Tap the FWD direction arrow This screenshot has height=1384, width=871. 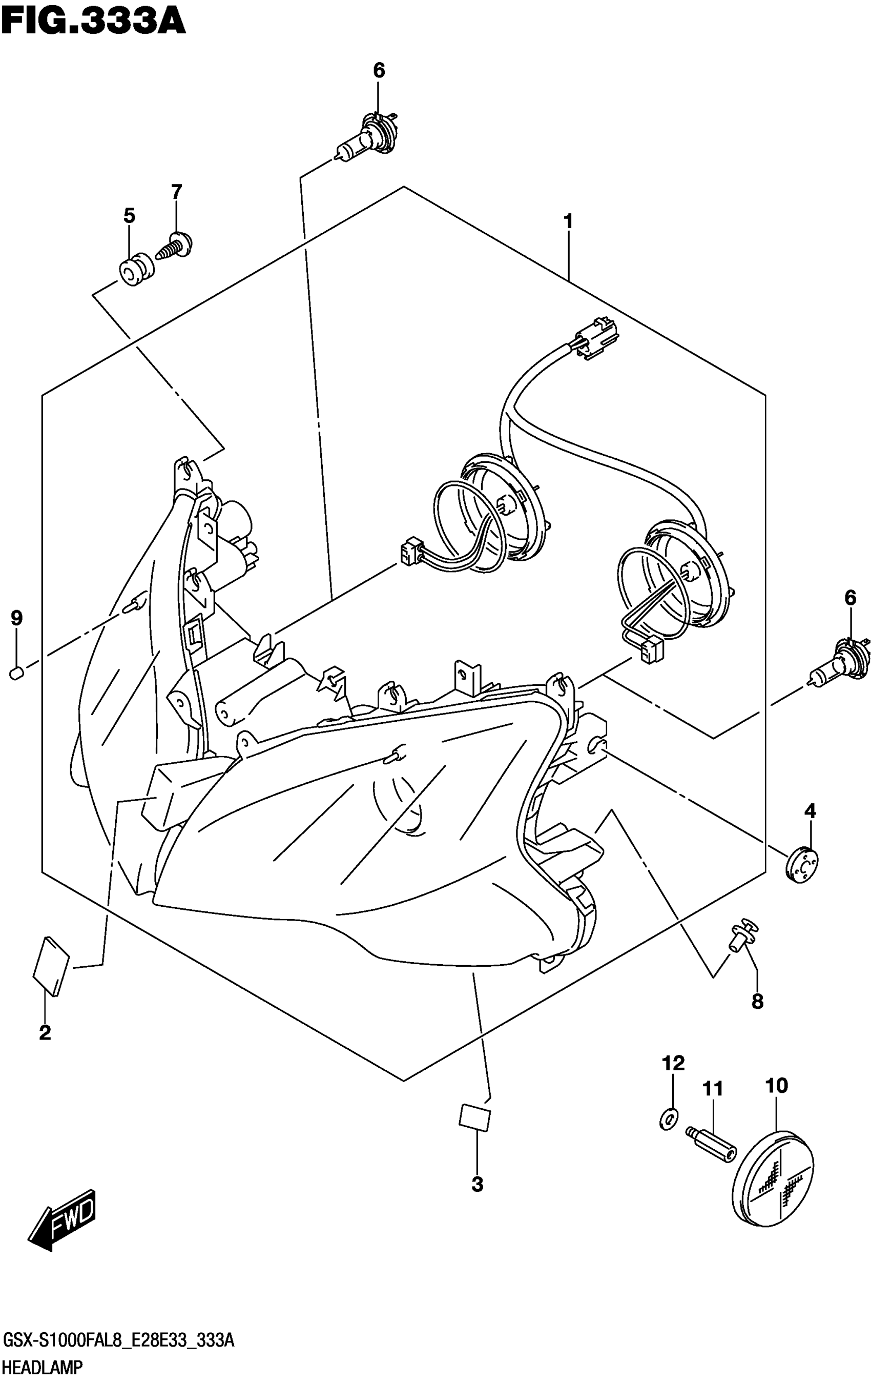[x=63, y=1225]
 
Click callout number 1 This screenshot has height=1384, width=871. [x=568, y=221]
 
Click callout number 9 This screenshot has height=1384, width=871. [x=17, y=618]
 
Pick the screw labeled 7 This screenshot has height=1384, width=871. [x=175, y=246]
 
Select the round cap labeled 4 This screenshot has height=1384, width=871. [x=801, y=866]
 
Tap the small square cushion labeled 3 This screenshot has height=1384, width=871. [x=474, y=1116]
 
